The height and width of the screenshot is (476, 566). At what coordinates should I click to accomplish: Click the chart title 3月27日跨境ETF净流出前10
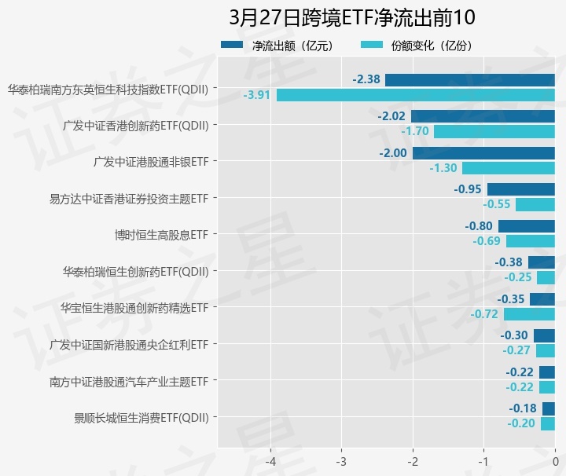pos(351,17)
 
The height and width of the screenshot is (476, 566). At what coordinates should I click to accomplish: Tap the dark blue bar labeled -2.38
pos(469,79)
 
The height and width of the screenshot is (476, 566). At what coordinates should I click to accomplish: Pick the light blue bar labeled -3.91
pos(415,95)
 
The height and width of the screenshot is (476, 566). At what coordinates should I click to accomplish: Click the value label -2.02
pos(391,116)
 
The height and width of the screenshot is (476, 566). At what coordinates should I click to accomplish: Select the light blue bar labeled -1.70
pos(494,131)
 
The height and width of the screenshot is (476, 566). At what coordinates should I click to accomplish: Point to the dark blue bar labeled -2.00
pos(483,153)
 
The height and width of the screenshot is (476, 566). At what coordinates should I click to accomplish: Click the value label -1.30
pos(443,168)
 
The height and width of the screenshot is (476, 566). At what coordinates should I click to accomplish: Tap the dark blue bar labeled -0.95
pos(520,189)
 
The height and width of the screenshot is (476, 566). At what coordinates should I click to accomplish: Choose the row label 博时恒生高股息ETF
pos(161,235)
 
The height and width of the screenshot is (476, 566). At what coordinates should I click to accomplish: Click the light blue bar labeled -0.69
pos(530,241)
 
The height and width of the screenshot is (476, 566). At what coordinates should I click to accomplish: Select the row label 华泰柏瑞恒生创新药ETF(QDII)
pos(136,272)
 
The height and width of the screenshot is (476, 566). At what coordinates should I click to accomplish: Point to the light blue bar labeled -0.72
pos(529,314)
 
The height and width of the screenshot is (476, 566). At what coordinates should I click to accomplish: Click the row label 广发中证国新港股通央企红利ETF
pos(129,345)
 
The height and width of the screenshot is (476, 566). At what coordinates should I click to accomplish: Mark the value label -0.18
pos(522,408)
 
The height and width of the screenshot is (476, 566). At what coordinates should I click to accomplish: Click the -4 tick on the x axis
pos(270,460)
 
